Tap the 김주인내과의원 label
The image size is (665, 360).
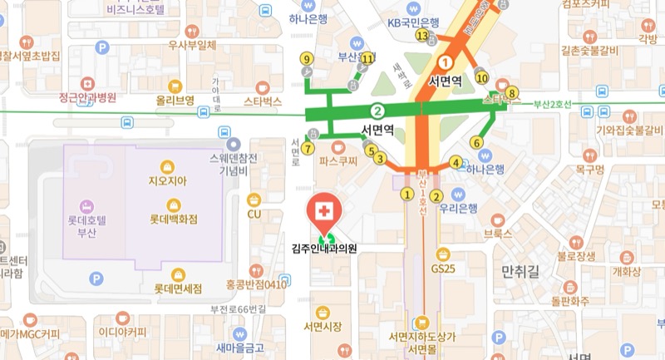324,248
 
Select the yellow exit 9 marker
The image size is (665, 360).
307,58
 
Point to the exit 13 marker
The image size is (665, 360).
422,36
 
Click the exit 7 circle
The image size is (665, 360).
308,148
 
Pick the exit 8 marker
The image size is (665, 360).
512,92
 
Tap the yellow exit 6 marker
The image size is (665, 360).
476,142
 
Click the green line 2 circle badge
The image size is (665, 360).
378,111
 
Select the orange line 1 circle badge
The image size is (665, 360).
446,62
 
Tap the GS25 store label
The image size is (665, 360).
444,269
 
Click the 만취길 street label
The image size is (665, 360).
521,271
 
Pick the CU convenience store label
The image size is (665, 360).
254,214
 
